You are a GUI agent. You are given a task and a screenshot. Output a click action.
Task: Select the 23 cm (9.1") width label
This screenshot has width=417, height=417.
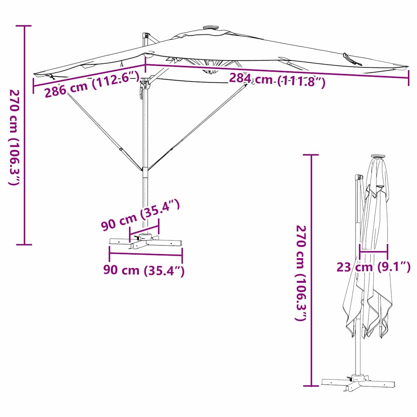[x=373, y=267]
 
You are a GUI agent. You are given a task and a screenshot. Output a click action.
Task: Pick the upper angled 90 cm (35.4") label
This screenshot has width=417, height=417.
[x=140, y=216]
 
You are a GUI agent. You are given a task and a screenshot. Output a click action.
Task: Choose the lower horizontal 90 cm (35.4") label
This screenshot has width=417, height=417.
[x=144, y=270]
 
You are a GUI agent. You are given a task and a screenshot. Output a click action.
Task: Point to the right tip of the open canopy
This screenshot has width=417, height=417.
[x=405, y=66]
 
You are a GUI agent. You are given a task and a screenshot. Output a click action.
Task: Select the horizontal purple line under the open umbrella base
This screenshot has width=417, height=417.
[x=145, y=255]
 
